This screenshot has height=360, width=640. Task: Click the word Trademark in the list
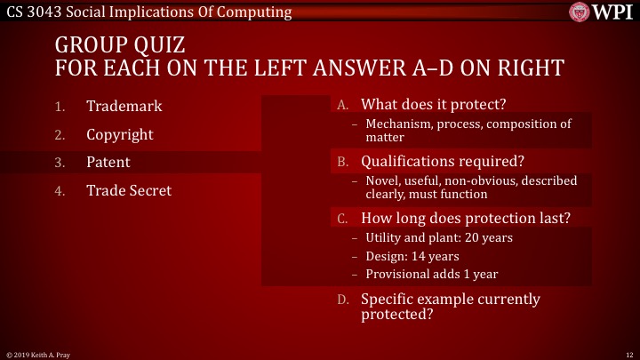[x=124, y=107]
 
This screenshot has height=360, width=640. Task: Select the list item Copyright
[x=119, y=135]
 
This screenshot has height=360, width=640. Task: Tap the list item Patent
[x=108, y=163]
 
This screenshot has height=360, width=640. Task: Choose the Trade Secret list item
[x=129, y=190]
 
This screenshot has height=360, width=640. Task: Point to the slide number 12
[x=628, y=354]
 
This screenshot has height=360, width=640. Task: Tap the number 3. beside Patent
[x=60, y=164]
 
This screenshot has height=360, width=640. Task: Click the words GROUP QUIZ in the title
[x=119, y=44]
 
